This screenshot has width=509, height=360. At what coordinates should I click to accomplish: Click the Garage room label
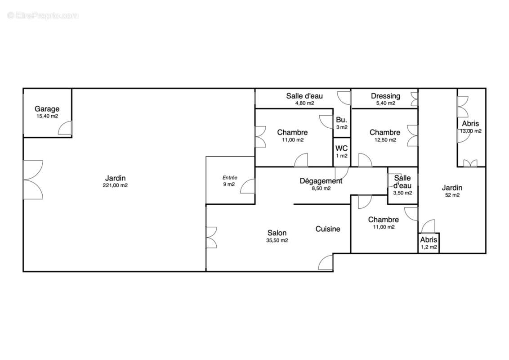(x=47, y=109)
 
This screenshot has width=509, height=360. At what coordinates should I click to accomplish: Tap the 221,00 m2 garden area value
(x=115, y=185)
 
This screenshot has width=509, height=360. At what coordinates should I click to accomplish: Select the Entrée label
(x=230, y=178)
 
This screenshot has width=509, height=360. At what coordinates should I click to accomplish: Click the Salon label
(x=277, y=233)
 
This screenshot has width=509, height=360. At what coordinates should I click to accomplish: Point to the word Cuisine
(x=328, y=229)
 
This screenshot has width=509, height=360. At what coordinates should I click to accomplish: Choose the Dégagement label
(x=321, y=181)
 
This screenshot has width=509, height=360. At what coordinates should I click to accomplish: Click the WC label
(x=341, y=148)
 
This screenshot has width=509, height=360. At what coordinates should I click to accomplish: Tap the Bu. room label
(x=341, y=120)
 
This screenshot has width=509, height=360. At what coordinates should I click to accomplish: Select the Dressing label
(x=386, y=96)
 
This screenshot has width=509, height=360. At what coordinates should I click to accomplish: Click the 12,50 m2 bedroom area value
(x=385, y=140)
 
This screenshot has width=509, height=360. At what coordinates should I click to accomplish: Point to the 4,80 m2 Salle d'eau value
(x=304, y=103)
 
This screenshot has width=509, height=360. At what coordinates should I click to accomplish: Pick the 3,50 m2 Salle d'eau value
(x=402, y=193)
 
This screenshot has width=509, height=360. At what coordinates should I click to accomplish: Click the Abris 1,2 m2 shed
(x=429, y=243)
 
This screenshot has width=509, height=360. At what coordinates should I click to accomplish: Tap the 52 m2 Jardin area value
(x=452, y=195)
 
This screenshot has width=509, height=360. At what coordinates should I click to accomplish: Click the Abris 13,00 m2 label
(x=471, y=123)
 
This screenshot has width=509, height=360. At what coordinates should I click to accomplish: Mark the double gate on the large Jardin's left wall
(x=33, y=180)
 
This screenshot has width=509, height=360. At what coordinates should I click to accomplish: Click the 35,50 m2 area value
(x=277, y=241)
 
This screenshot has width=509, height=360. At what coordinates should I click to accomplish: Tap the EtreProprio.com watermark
(x=43, y=16)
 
